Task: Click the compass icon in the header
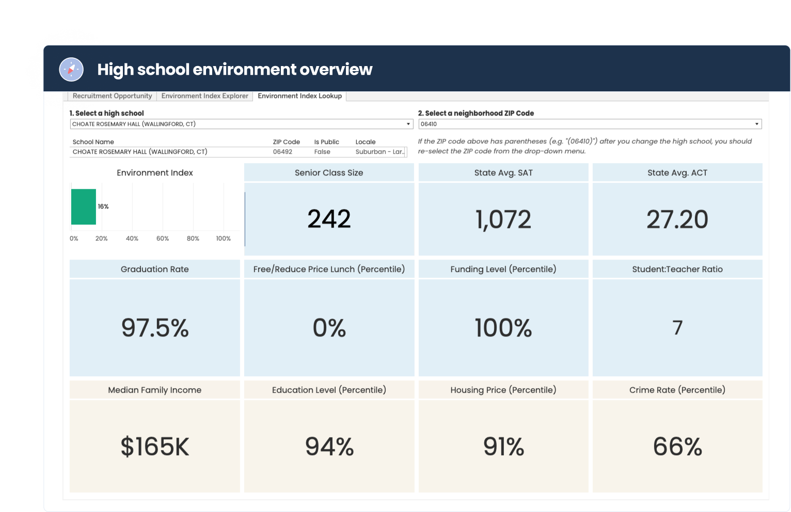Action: pyautogui.click(x=71, y=69)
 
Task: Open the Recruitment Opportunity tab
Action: pyautogui.click(x=112, y=96)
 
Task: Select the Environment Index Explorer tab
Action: pyautogui.click(x=204, y=96)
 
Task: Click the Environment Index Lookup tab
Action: pyautogui.click(x=299, y=96)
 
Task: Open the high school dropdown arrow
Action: pyautogui.click(x=408, y=124)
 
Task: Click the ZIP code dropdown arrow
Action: pyautogui.click(x=756, y=124)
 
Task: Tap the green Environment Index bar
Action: pyautogui.click(x=84, y=206)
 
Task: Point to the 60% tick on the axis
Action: pyautogui.click(x=163, y=238)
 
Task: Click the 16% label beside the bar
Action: pyautogui.click(x=103, y=206)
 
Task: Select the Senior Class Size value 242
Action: pyautogui.click(x=329, y=219)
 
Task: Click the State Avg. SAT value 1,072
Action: pyautogui.click(x=503, y=219)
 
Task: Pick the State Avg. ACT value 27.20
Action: pyautogui.click(x=677, y=219)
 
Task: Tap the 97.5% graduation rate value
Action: pyautogui.click(x=155, y=328)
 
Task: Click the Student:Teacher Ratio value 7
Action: pyautogui.click(x=677, y=328)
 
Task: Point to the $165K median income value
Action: pyautogui.click(x=155, y=446)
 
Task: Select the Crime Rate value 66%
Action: pyautogui.click(x=677, y=446)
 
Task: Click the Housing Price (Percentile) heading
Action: pyautogui.click(x=503, y=390)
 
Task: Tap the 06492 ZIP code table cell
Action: pyautogui.click(x=282, y=152)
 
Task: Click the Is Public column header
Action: pyautogui.click(x=326, y=142)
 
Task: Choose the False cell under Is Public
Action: pyautogui.click(x=322, y=152)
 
